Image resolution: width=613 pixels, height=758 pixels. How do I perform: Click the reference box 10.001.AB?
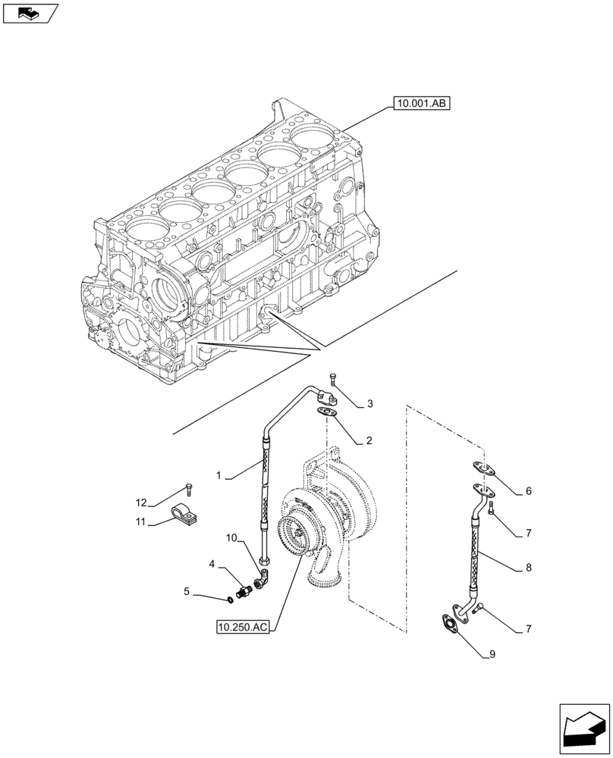point(421,103)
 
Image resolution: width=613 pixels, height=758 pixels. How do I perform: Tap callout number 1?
point(219,475)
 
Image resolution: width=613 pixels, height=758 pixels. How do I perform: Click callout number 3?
point(369,404)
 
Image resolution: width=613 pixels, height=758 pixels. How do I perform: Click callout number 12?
point(142,503)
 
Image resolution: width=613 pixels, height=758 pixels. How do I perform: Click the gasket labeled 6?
point(481,469)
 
